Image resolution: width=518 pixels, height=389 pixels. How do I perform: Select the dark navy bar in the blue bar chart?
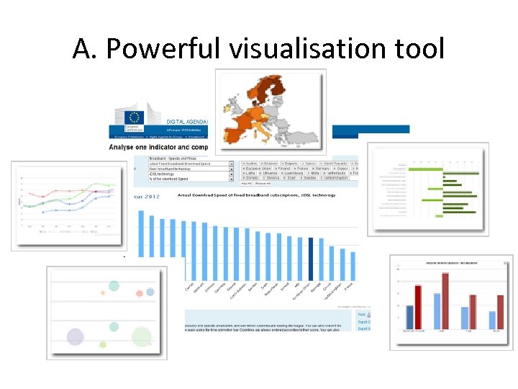(311, 257)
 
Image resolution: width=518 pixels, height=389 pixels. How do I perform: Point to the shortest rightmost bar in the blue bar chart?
(353, 265)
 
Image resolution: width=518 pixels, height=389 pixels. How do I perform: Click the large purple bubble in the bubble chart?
(75, 336)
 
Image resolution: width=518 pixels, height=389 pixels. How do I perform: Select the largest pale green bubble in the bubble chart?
(142, 336)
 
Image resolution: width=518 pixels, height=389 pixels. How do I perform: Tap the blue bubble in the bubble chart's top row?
(150, 292)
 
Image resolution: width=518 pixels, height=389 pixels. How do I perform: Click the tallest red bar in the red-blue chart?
(445, 301)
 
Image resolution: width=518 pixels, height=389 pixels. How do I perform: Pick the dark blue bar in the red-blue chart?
(410, 318)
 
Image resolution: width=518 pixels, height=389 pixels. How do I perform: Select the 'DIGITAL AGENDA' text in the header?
(186, 122)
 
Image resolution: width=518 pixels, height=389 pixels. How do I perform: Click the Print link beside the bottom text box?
(363, 314)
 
